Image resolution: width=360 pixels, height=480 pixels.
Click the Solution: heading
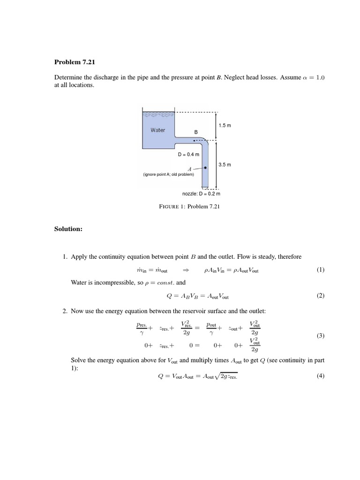tap(68, 229)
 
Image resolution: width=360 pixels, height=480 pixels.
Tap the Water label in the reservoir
tap(157, 130)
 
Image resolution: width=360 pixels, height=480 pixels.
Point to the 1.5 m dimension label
tap(225, 126)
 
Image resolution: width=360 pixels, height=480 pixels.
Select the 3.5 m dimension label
tap(225, 165)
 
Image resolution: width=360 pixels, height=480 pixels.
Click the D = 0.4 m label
tap(188, 154)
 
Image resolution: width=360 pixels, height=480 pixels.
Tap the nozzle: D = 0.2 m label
tap(201, 193)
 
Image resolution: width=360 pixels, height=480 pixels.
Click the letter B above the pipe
tap(196, 133)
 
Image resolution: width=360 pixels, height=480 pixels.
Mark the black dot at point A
tap(205, 166)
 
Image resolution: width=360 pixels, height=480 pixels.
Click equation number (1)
tap(320, 270)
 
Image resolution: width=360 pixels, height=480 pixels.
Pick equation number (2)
tap(320, 296)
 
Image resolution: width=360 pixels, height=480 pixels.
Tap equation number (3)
tap(320, 336)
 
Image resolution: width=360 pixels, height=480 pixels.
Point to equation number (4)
tap(320, 376)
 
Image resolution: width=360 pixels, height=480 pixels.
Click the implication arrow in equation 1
tap(185, 270)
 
